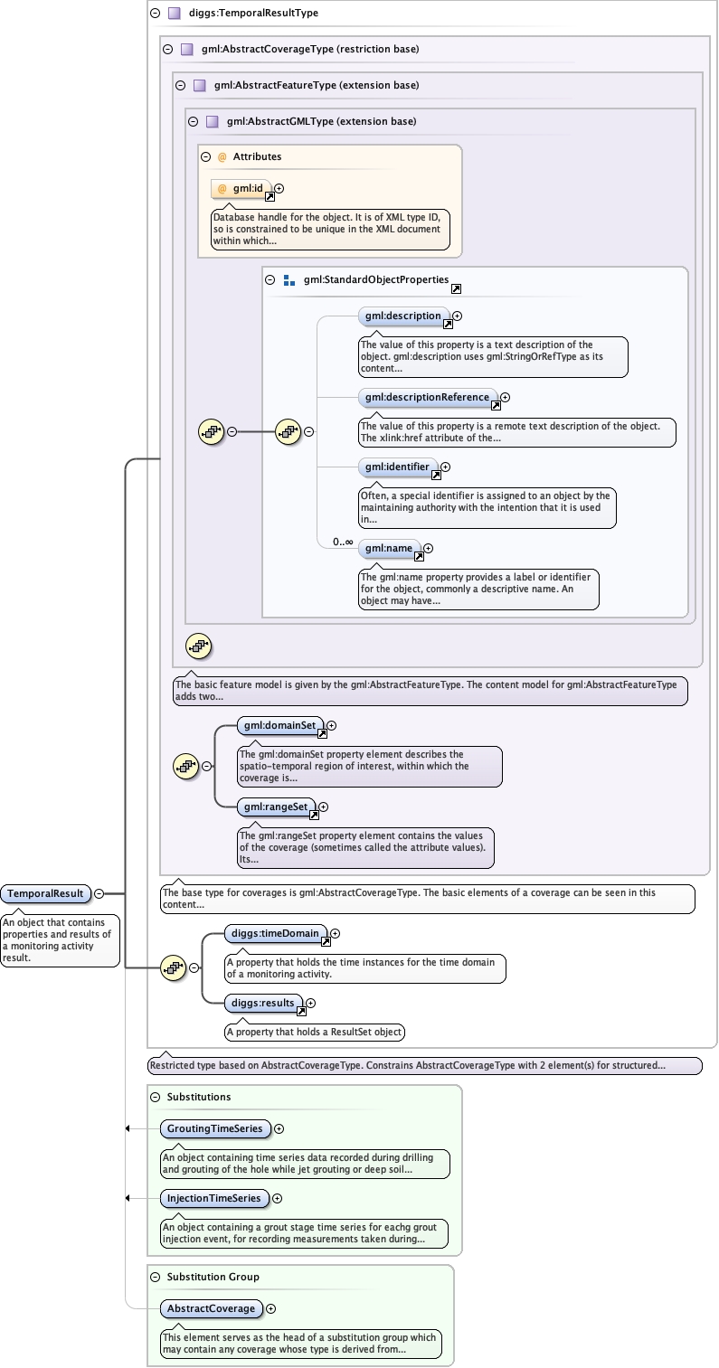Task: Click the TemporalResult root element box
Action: coord(46,894)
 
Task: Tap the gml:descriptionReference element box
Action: coord(428,397)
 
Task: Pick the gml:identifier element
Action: coord(398,467)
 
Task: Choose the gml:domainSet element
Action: coord(280,725)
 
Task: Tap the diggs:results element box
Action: coord(263,1003)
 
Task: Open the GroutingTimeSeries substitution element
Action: coord(215,1128)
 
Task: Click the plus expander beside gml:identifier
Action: coord(445,467)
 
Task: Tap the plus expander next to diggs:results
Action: coord(311,1003)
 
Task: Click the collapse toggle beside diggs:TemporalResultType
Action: coord(155,14)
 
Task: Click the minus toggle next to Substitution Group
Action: coord(155,1277)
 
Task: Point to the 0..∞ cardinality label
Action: coord(343,542)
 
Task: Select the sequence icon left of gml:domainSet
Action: coord(185,766)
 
